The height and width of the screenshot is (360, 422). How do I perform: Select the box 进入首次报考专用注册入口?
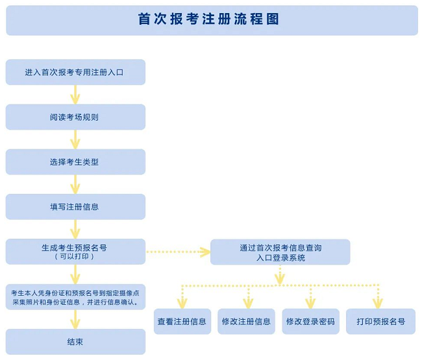click(x=75, y=72)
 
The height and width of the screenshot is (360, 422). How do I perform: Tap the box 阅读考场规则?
click(x=75, y=117)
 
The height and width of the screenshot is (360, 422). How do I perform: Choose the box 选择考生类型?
click(x=75, y=162)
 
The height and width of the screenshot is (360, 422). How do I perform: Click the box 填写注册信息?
click(x=75, y=207)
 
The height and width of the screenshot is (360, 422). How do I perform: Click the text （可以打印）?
click(x=75, y=257)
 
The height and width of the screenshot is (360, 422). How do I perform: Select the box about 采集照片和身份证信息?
click(x=75, y=297)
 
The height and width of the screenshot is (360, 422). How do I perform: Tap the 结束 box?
click(x=75, y=342)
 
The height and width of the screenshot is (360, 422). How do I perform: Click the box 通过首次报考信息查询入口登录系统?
click(x=280, y=252)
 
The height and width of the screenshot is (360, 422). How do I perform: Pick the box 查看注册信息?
click(x=182, y=322)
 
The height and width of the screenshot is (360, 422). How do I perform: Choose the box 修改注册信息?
click(x=246, y=322)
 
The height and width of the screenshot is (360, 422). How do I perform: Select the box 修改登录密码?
click(x=310, y=322)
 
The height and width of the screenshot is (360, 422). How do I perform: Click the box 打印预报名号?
click(x=380, y=322)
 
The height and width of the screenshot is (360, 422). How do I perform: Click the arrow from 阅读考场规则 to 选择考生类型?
click(x=75, y=139)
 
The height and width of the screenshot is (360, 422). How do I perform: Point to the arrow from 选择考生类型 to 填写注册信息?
click(x=75, y=184)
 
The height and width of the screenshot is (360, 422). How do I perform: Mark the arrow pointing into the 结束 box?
click(x=75, y=319)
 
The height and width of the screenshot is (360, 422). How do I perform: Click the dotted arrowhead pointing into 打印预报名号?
click(x=377, y=302)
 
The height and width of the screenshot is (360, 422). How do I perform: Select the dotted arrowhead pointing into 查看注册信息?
click(x=182, y=302)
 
